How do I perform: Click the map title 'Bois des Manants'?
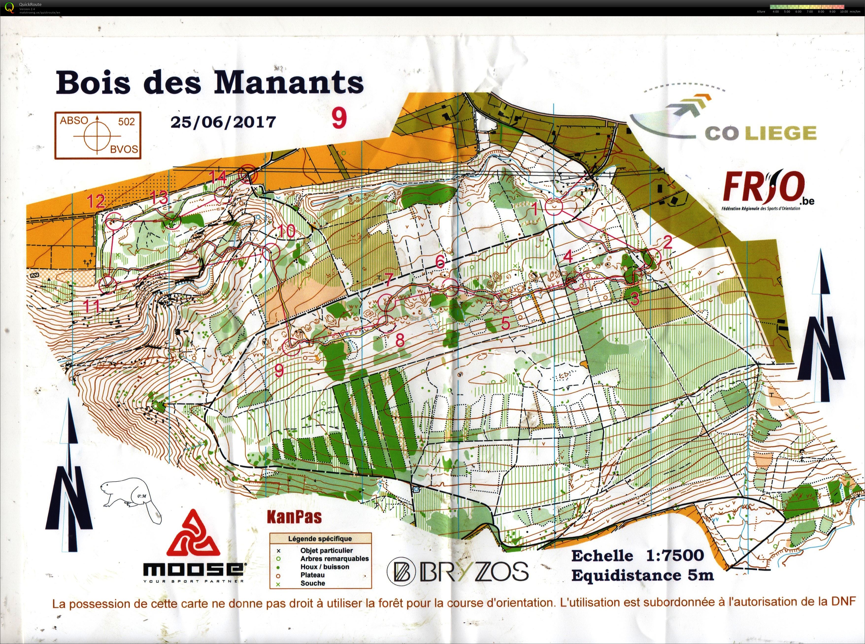click(210, 82)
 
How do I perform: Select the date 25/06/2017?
click(223, 122)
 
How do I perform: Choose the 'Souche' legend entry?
click(313, 583)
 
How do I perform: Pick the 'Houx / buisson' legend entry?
click(325, 567)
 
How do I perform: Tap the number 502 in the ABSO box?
click(126, 121)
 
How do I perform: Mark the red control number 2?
click(667, 242)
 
